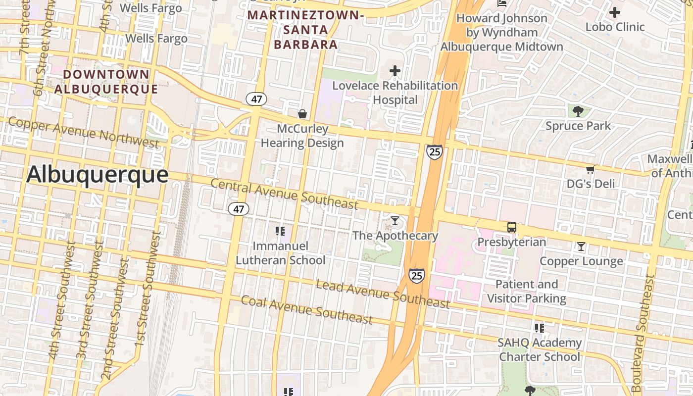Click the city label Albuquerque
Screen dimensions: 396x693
[97, 175]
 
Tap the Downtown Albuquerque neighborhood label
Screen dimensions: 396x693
[106, 82]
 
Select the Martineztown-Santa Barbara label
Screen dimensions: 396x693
[305, 30]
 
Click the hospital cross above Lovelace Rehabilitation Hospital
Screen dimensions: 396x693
[395, 71]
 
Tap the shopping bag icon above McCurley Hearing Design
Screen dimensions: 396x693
[302, 114]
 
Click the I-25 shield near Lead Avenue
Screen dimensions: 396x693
[416, 275]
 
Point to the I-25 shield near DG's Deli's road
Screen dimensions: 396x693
[434, 151]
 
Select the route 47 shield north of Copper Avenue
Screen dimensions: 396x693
[256, 99]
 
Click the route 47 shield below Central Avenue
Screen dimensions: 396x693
[238, 209]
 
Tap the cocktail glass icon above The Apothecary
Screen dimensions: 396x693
[395, 220]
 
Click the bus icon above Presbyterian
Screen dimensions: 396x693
[512, 228]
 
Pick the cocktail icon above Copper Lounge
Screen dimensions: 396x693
[581, 247]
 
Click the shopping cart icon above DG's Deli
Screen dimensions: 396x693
[590, 170]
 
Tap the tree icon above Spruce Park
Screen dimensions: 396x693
[578, 111]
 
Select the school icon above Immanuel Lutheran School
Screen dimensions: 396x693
[280, 231]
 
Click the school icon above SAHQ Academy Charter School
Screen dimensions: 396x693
[539, 328]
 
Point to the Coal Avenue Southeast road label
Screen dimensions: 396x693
[306, 310]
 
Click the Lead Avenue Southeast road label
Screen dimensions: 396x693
[383, 294]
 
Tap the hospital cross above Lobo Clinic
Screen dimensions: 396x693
[615, 12]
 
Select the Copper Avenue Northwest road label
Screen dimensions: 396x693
[83, 132]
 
